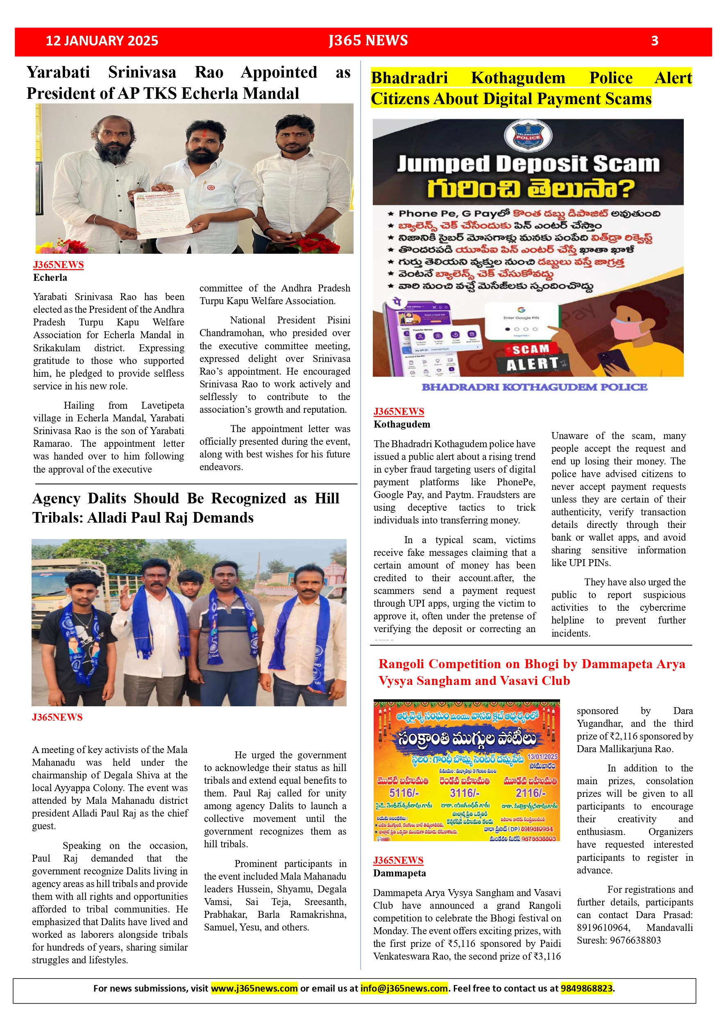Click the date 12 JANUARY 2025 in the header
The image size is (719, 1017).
102,41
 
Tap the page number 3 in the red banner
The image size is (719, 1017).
654,41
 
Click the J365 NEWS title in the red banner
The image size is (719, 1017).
368,41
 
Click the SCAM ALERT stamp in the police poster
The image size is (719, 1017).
532,357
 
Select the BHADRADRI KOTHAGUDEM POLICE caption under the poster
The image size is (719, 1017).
534,387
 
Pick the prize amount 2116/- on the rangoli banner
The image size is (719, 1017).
531,792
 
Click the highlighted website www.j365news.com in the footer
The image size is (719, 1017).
254,988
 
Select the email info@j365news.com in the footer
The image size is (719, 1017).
403,988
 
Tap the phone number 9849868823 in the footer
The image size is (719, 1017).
587,988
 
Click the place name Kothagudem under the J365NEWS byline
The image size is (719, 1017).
401,424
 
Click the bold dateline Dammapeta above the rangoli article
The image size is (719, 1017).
399,873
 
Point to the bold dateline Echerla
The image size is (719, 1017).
50,278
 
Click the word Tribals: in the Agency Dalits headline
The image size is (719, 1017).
57,517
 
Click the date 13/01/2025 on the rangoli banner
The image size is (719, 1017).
542,757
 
